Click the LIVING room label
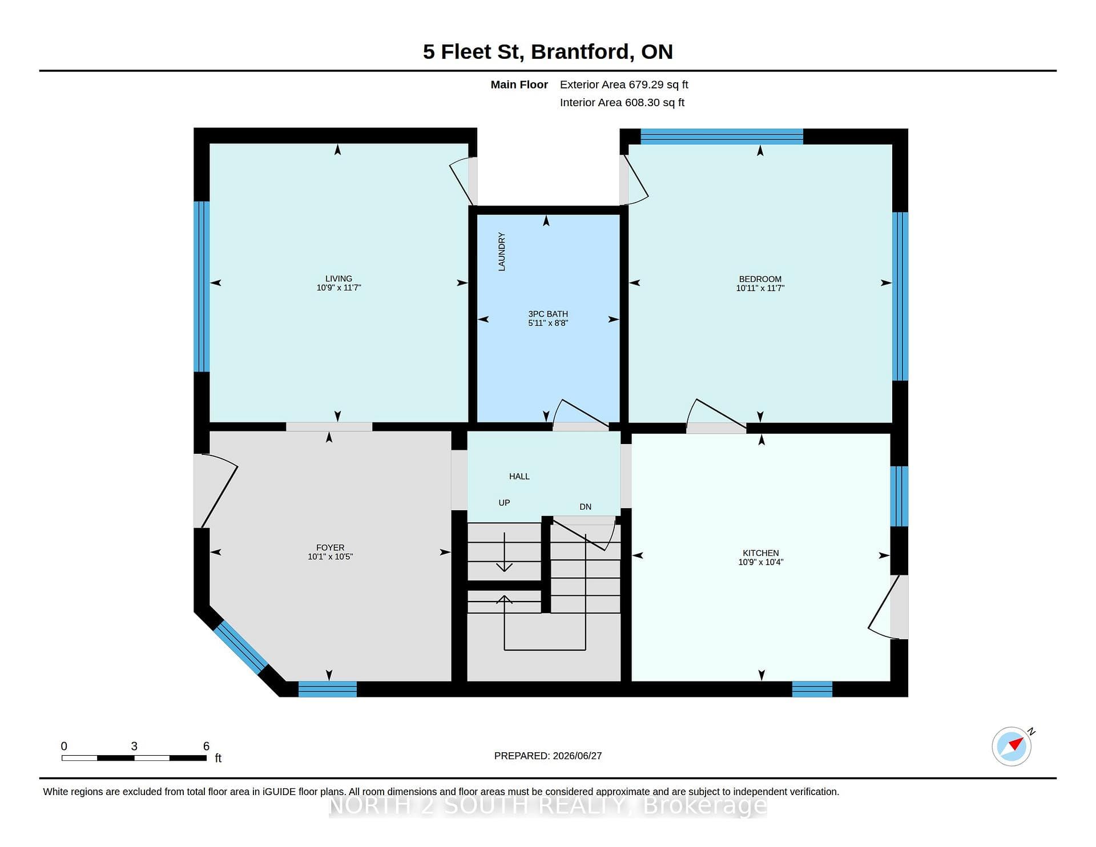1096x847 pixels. pyautogui.click(x=339, y=279)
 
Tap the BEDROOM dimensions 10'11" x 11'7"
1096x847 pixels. pyautogui.click(x=760, y=288)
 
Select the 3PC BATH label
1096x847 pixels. pyautogui.click(x=548, y=314)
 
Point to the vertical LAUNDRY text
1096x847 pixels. pyautogui.click(x=502, y=251)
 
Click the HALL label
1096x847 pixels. pyautogui.click(x=519, y=476)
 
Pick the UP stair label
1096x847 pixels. pyautogui.click(x=504, y=503)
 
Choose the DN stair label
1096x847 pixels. pyautogui.click(x=586, y=507)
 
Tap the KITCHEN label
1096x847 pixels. pyautogui.click(x=760, y=553)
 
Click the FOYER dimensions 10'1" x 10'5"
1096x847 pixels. pyautogui.click(x=331, y=556)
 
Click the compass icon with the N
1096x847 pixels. pyautogui.click(x=1012, y=746)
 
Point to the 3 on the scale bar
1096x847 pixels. pyautogui.click(x=134, y=746)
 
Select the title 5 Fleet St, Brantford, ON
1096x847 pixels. pyautogui.click(x=548, y=51)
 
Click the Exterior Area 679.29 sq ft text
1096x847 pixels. pyautogui.click(x=624, y=84)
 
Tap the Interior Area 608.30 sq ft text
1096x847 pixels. pyautogui.click(x=622, y=103)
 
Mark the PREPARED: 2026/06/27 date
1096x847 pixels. pyautogui.click(x=548, y=756)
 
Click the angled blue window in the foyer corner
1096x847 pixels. pyautogui.click(x=240, y=647)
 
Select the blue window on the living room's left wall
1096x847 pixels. pyautogui.click(x=202, y=287)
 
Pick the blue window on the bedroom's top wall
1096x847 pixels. pyautogui.click(x=722, y=136)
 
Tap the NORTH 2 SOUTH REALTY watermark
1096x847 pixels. pyautogui.click(x=548, y=805)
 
